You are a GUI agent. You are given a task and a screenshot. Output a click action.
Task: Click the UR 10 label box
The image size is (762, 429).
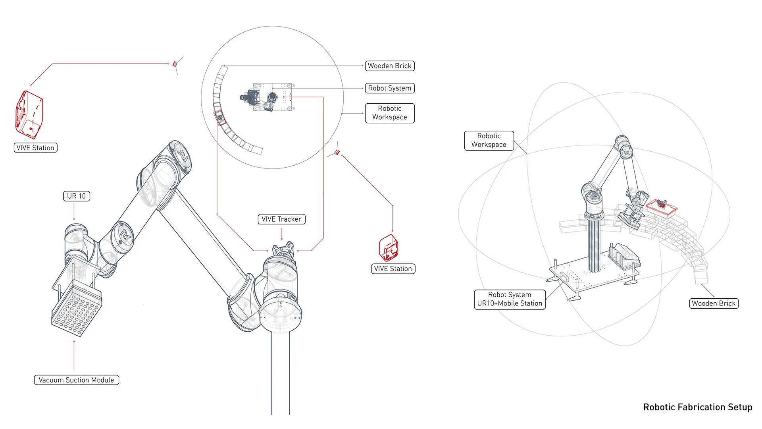click(77, 196)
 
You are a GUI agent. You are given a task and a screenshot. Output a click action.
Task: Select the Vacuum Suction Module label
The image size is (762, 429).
click(77, 380)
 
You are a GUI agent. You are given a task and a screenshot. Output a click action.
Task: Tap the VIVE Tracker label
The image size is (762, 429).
click(282, 219)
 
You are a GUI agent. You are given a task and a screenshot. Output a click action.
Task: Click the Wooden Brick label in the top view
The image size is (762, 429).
click(390, 66)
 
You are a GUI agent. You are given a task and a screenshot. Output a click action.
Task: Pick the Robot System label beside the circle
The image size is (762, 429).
click(390, 88)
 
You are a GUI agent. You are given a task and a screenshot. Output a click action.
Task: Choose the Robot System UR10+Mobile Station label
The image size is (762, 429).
click(510, 299)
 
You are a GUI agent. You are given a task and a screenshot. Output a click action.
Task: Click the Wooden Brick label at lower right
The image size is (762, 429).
click(714, 303)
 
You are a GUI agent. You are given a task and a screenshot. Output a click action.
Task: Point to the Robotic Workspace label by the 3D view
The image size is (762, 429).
click(489, 141)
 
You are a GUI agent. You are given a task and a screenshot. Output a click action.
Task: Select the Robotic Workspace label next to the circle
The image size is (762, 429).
click(390, 113)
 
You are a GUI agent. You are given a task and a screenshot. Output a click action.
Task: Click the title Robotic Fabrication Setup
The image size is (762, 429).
click(698, 407)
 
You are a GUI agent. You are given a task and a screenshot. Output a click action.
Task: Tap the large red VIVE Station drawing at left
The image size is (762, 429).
click(29, 115)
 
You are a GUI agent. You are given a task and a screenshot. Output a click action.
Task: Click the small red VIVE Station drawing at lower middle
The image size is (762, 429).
click(389, 247)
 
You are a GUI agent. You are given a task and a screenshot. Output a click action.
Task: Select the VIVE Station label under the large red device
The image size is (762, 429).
click(36, 148)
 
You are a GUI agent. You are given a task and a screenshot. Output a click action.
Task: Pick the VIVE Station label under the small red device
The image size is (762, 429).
click(393, 269)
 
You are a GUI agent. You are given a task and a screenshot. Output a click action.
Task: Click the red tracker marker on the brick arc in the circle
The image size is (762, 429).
click(219, 117)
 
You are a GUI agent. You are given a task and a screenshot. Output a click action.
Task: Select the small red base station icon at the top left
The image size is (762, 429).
click(175, 64)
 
